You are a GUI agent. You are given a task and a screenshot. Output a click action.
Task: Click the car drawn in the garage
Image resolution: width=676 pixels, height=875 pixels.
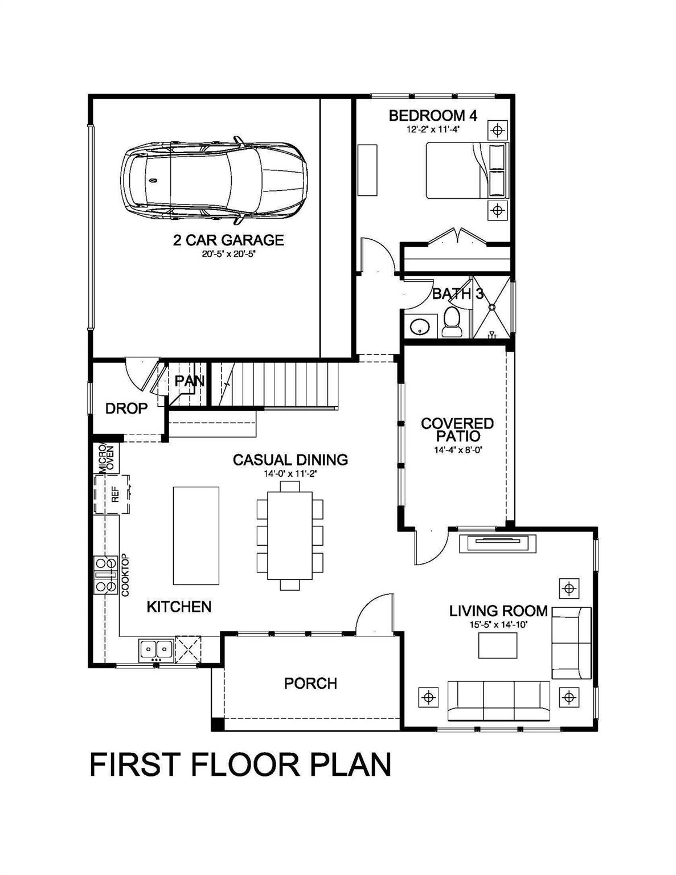pos(214,181)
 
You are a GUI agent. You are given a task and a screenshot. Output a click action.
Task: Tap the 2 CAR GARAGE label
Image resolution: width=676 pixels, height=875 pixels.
pos(228,240)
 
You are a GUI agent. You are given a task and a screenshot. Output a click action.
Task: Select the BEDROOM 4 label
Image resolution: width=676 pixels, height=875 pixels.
pos(433,116)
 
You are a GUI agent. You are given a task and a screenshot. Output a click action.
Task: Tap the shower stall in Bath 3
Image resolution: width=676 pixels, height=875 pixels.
pos(493,308)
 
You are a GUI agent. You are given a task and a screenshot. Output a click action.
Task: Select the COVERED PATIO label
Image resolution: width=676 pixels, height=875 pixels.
pos(457,430)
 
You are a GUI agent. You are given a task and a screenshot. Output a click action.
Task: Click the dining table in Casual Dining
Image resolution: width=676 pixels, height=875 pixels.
pos(290,535)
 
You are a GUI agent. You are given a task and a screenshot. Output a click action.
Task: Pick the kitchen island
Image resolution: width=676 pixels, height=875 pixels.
pos(196,535)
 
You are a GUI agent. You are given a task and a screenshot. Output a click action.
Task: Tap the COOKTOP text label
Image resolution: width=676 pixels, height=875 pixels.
pos(126,575)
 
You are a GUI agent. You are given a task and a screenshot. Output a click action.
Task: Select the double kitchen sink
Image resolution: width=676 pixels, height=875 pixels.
pos(156,649)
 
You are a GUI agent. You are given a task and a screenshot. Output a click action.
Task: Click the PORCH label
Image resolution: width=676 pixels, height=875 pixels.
pos(310,683)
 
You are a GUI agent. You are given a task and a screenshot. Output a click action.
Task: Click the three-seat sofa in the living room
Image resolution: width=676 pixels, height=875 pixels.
pos(498,701)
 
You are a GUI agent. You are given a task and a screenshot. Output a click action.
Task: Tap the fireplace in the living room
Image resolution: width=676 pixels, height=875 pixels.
pos(501,543)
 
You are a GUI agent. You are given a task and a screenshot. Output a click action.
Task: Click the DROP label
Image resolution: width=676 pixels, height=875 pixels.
pos(126,408)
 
